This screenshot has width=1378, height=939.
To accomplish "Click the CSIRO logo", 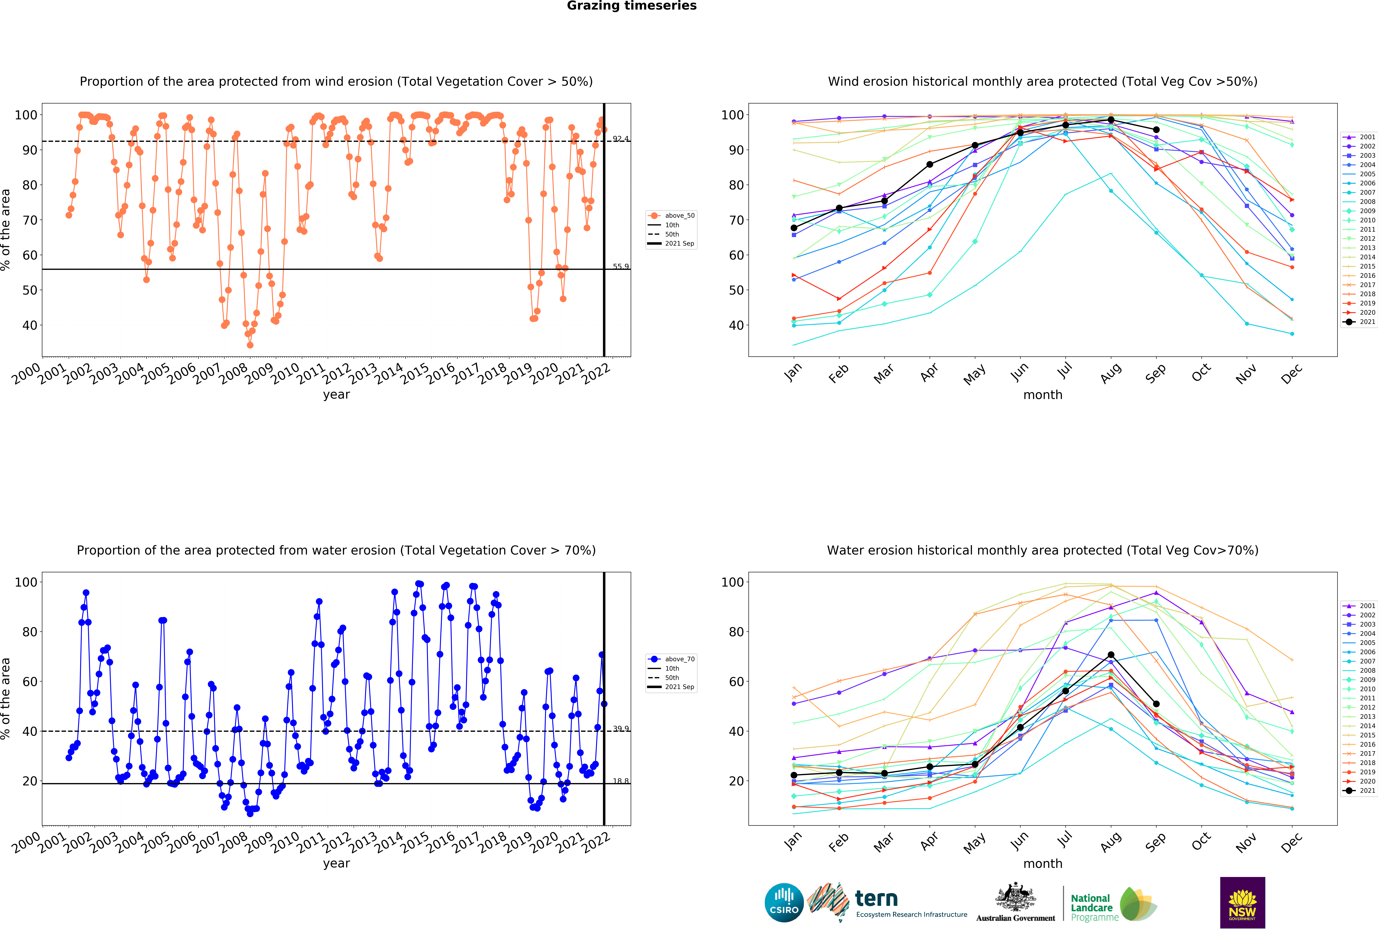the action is (x=784, y=903).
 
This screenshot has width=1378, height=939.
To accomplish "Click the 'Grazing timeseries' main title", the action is (x=631, y=6).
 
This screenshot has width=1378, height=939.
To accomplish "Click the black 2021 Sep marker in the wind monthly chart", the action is (x=1156, y=130).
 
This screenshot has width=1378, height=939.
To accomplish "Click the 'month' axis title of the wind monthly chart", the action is (x=1042, y=395).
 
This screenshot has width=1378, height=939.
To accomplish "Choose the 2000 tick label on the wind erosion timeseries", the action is (x=27, y=375).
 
